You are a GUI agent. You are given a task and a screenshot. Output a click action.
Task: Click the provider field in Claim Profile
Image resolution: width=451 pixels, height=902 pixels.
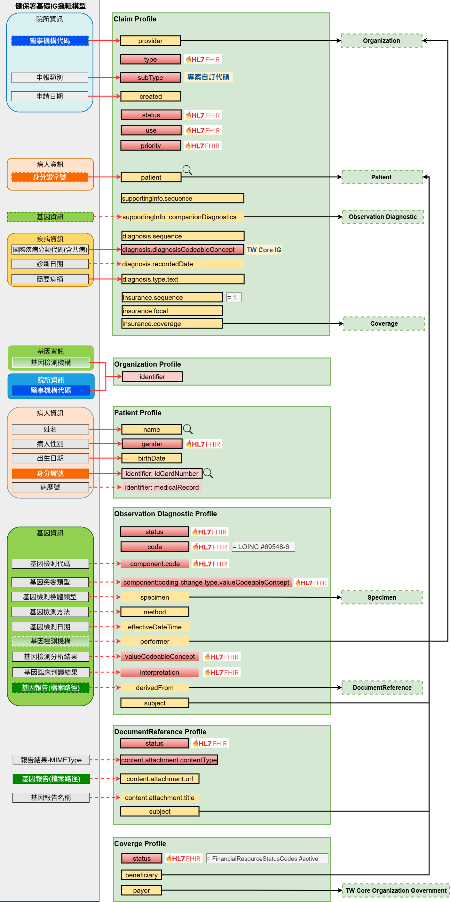pyautogui.click(x=150, y=41)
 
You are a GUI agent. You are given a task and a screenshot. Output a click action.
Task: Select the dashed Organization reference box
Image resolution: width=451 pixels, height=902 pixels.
pyautogui.click(x=381, y=41)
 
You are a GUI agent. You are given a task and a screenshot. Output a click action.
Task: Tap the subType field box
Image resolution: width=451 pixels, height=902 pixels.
pyautogui.click(x=150, y=77)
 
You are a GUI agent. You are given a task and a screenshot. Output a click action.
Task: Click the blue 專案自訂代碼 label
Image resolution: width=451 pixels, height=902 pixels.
pyautogui.click(x=208, y=77)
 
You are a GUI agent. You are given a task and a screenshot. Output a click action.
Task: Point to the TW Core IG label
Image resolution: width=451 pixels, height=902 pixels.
pyautogui.click(x=264, y=250)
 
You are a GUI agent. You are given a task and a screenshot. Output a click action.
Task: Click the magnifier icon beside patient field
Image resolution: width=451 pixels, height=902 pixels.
pyautogui.click(x=187, y=170)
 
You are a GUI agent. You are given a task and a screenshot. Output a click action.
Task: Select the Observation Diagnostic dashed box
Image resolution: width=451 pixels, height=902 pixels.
pyautogui.click(x=382, y=217)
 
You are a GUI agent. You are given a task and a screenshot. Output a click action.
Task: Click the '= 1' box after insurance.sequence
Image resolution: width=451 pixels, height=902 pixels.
pyautogui.click(x=233, y=297)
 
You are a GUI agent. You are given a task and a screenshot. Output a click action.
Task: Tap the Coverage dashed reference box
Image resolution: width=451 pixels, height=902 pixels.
pyautogui.click(x=384, y=323)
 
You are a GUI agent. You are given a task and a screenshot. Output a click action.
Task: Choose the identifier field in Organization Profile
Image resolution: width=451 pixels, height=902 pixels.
pyautogui.click(x=152, y=377)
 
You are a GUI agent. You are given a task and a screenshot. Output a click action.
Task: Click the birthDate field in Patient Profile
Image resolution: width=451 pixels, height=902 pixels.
pyautogui.click(x=151, y=458)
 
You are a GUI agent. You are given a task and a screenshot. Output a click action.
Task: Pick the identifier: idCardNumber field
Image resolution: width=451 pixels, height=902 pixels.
pyautogui.click(x=162, y=473)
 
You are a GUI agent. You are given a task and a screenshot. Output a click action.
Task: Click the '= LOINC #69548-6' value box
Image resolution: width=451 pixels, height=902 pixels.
pyautogui.click(x=263, y=547)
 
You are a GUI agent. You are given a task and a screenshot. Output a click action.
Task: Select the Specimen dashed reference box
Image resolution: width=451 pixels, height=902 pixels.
pyautogui.click(x=382, y=597)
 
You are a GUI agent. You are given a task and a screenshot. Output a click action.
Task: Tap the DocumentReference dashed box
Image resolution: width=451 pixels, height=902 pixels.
pyautogui.click(x=382, y=687)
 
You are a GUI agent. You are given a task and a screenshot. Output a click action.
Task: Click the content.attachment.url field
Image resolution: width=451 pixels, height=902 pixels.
pyautogui.click(x=159, y=779)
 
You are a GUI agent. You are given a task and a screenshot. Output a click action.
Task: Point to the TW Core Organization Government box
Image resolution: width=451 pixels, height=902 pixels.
pyautogui.click(x=396, y=890)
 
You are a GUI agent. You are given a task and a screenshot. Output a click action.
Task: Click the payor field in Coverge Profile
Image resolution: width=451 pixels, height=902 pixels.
pyautogui.click(x=141, y=890)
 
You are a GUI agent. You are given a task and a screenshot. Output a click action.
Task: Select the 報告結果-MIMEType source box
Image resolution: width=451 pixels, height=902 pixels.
pyautogui.click(x=51, y=760)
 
